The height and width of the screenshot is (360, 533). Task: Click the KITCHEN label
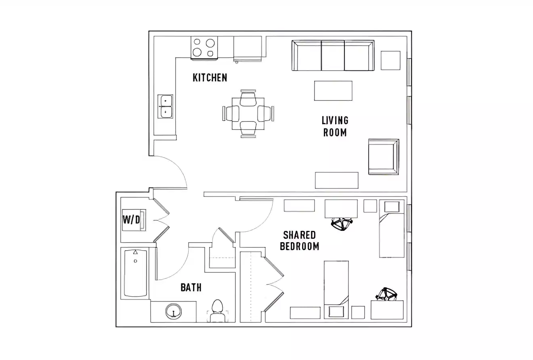[x=210, y=77]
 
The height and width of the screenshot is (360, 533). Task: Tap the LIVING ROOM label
[x=335, y=126]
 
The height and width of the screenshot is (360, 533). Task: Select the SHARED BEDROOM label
[x=299, y=241]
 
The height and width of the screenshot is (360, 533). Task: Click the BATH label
[x=191, y=288]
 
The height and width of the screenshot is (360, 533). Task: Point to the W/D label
[x=132, y=220]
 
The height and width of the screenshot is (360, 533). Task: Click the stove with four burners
[x=204, y=48]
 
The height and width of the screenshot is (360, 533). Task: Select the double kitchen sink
[x=166, y=106]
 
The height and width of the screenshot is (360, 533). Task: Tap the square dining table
[x=248, y=113]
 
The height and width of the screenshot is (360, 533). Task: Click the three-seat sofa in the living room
[x=333, y=55]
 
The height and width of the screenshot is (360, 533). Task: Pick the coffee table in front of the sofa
[x=333, y=91]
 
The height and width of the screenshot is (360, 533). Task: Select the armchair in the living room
[x=383, y=157]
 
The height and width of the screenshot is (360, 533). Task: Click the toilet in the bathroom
[x=217, y=310]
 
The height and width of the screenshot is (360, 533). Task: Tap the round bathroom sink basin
[x=174, y=311]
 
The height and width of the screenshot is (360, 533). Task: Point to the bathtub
[x=135, y=273]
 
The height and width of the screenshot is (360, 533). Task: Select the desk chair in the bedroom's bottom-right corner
[x=386, y=294]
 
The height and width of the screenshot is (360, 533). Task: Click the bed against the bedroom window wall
[x=391, y=229]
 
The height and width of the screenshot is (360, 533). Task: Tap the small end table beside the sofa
[x=390, y=60]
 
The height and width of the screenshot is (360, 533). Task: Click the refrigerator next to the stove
[x=248, y=48]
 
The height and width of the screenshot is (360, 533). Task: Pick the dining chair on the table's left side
[x=231, y=113]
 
